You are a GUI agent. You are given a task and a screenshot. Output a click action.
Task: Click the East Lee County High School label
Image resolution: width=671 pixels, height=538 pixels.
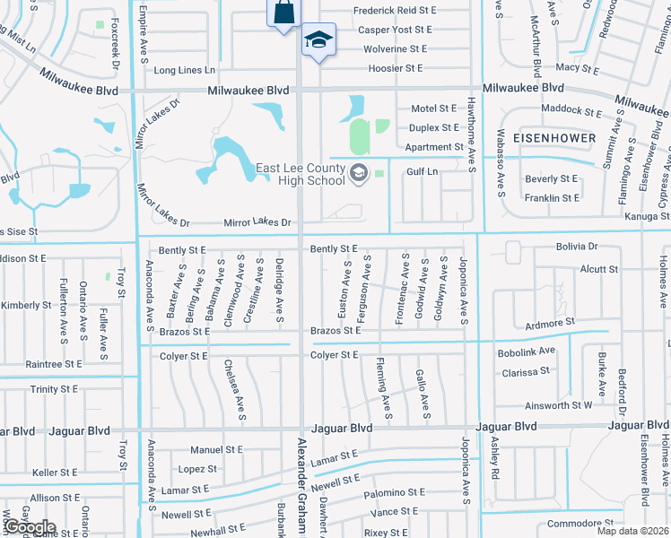pos(301,174)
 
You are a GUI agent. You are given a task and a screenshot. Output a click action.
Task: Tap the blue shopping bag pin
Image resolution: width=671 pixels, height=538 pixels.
pos(283,13)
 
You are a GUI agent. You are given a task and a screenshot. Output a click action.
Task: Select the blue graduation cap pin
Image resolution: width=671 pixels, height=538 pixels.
pos(318,41)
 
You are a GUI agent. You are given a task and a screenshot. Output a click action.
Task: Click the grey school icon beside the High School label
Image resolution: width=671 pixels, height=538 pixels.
pos(359,172)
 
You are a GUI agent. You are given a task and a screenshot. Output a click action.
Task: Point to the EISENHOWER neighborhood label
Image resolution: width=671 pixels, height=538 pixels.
pos(555,138)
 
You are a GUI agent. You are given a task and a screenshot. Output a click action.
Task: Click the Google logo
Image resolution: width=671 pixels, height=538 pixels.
pos(30,527)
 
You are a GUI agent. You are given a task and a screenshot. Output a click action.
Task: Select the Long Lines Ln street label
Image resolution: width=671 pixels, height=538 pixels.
pos(185,70)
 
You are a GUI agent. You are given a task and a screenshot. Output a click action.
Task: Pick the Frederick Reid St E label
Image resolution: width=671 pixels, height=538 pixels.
pos(395,10)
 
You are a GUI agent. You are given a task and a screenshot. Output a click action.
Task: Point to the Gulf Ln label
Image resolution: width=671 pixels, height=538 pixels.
pos(422,171)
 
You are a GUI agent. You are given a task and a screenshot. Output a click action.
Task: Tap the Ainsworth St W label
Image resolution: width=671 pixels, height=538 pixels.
pos(558,405)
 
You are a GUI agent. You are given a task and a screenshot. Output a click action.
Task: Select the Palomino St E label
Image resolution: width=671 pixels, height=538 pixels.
pos(395,493)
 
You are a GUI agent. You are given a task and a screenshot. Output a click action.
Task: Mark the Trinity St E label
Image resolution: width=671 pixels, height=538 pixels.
pos(56,389)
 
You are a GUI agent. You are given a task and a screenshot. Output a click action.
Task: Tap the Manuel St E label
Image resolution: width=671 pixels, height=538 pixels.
pos(216,449)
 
